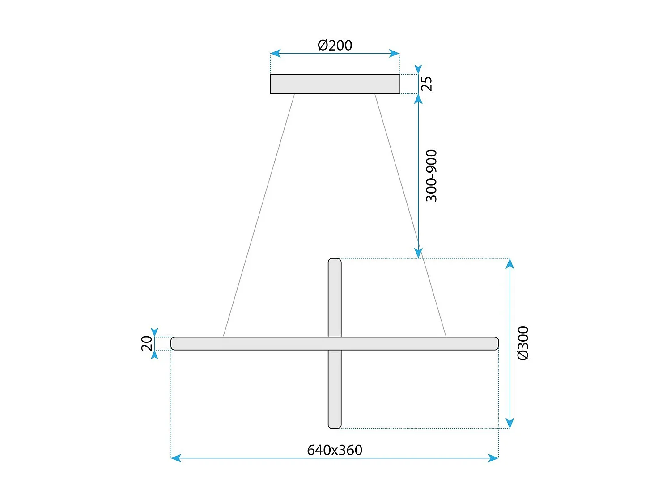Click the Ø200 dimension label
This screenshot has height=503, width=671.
(x=335, y=45)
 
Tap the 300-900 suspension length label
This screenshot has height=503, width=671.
(x=431, y=176)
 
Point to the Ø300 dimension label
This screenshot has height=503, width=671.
(x=523, y=343)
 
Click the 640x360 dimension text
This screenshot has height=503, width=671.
(x=335, y=450)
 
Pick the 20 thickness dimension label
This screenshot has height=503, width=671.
(x=147, y=343)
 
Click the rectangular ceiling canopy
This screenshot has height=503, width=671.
(x=335, y=84)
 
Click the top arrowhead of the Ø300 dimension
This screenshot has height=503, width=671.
(x=510, y=264)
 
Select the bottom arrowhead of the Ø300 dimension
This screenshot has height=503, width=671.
(x=510, y=423)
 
